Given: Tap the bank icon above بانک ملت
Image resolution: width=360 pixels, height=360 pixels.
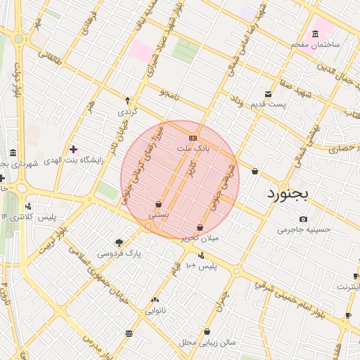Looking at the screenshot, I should pyautogui.click(x=193, y=137).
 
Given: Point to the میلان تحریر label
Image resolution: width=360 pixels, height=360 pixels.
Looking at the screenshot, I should pyautogui.click(x=200, y=238).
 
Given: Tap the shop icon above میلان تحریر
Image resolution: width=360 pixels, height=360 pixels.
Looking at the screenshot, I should pyautogui.click(x=201, y=227).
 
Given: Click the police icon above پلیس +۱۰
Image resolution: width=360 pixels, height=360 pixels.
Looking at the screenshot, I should pyautogui.click(x=202, y=255).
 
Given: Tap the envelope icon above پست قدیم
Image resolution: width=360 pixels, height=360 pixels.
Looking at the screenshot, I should pyautogui.click(x=268, y=94).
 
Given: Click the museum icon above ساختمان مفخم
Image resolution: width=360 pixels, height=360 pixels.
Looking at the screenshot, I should pyautogui.click(x=314, y=34).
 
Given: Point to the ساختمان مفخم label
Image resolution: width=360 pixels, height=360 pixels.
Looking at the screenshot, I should pyautogui.click(x=316, y=44).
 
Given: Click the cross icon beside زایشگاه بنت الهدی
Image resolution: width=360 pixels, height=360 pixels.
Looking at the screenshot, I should pyautogui.click(x=73, y=149).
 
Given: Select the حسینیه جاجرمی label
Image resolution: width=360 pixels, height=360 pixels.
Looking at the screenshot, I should pyautogui.click(x=303, y=229).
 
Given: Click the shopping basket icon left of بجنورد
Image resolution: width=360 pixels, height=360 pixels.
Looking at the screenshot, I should pyautogui.click(x=254, y=171).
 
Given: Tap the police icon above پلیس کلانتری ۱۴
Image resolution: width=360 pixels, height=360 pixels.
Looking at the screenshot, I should pyautogui.click(x=28, y=206).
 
